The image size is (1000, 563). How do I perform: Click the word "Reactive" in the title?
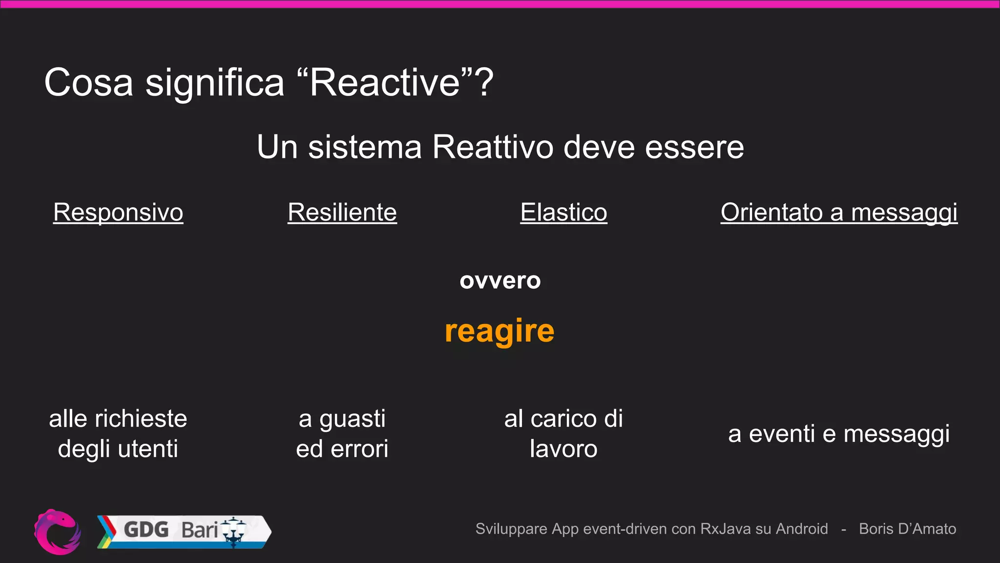385,83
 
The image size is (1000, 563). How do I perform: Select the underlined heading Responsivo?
118,213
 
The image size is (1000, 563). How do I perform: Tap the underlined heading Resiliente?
342,213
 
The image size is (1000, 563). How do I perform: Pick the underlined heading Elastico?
563,213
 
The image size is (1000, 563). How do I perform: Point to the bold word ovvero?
500,281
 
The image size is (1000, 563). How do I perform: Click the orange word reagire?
500,331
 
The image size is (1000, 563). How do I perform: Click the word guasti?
352,419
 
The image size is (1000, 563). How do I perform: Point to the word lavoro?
563,449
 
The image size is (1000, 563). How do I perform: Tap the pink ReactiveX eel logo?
58,532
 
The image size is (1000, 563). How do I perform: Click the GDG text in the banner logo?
146,530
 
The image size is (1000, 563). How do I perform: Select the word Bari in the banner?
199,530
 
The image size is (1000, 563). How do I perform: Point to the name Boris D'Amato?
907,529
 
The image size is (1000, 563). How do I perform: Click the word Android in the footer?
802,529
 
